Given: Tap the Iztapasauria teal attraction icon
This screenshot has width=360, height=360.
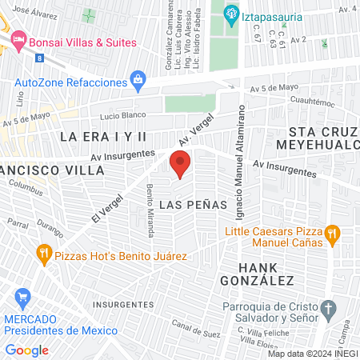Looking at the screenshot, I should [x=231, y=12].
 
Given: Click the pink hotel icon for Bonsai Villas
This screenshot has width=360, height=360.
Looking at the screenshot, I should [x=18, y=39].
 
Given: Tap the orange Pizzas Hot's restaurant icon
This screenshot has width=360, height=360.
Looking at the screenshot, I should [x=44, y=256].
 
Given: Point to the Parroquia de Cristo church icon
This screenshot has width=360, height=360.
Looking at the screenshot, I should [x=328, y=309].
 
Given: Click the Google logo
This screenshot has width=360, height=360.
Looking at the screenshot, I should [x=26, y=350].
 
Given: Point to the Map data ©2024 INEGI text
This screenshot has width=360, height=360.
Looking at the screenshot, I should [x=311, y=354].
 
